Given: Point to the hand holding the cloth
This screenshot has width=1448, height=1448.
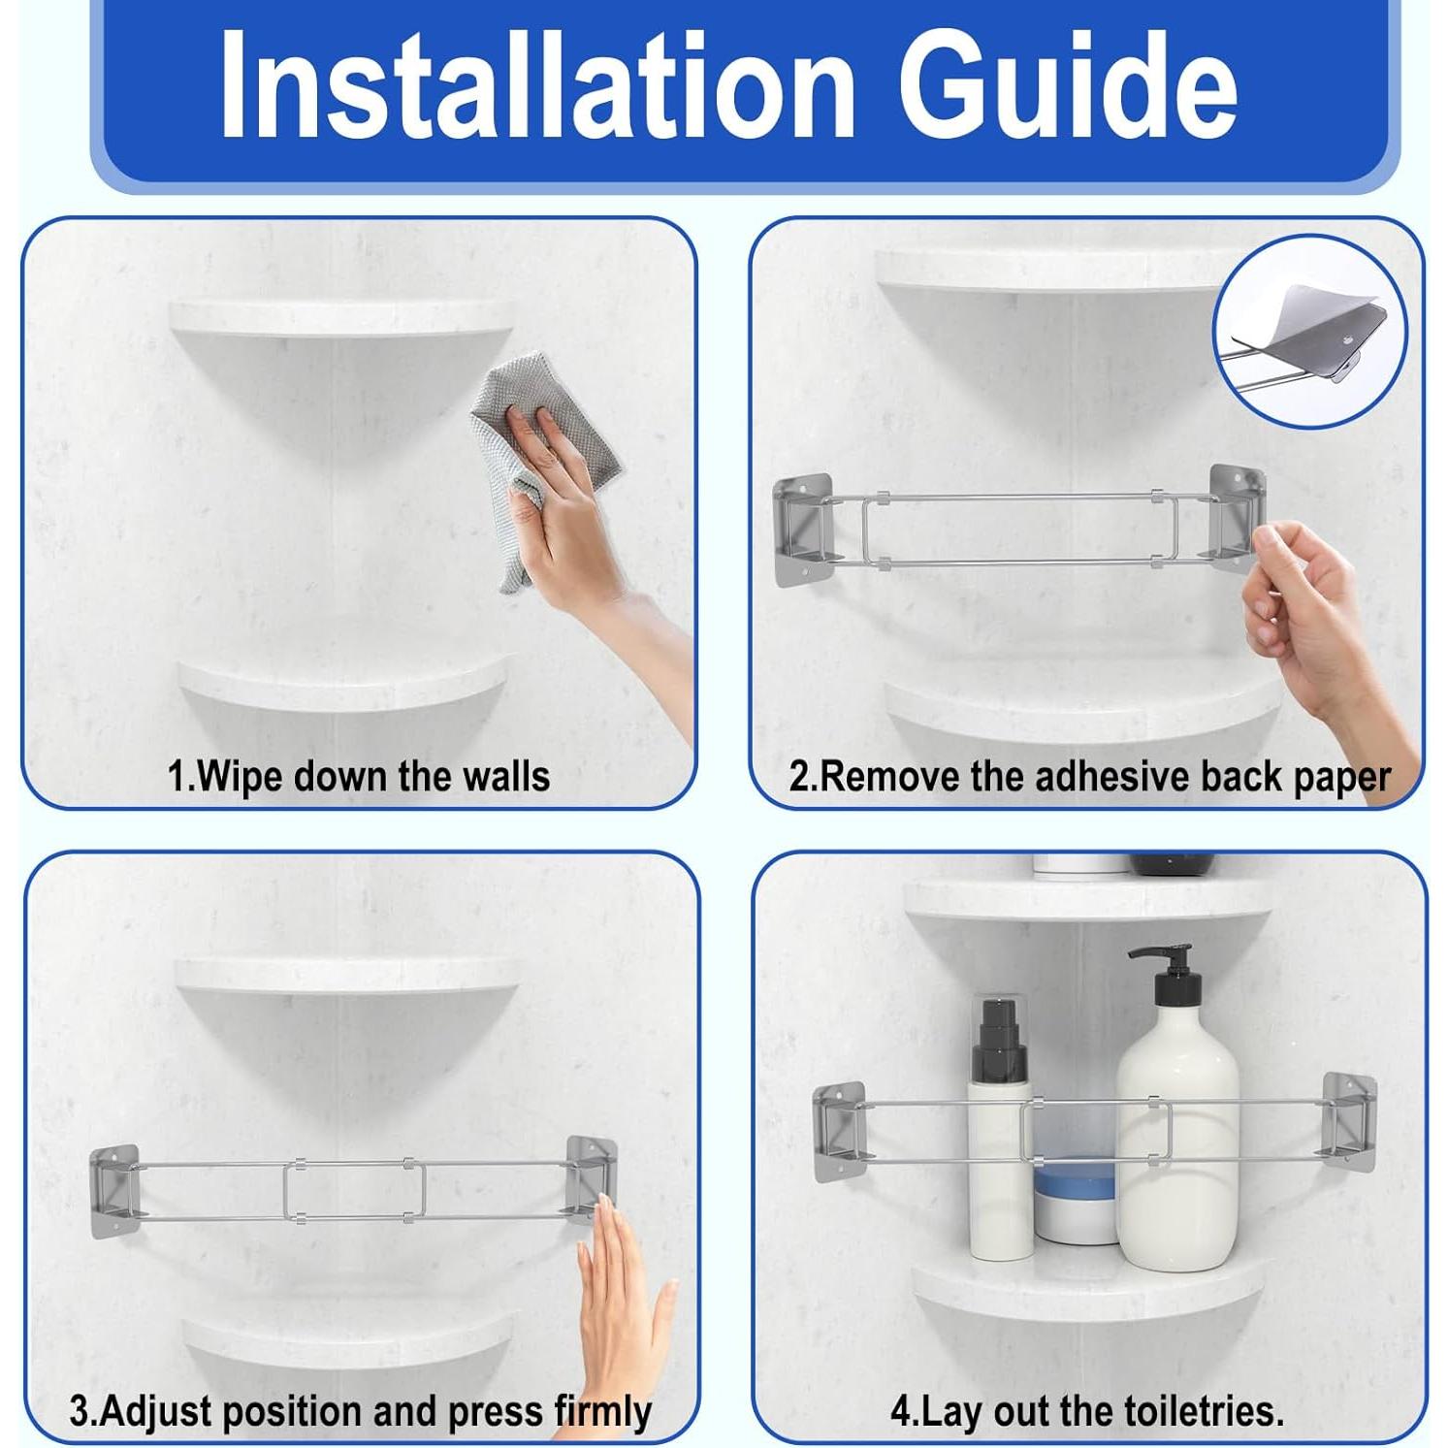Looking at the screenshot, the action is (582, 543).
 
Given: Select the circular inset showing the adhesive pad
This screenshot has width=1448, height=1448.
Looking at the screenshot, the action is (1309, 332).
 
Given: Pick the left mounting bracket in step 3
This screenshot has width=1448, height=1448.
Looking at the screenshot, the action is (114, 1191).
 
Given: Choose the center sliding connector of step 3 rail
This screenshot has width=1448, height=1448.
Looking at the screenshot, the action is (355, 1190).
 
